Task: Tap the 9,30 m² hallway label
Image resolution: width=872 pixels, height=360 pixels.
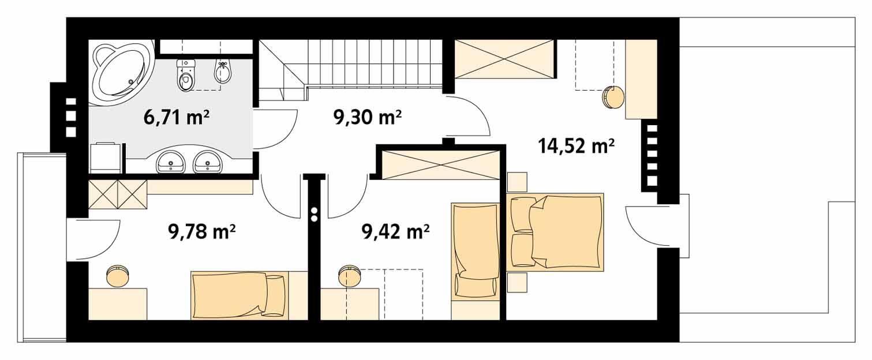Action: point(367,118)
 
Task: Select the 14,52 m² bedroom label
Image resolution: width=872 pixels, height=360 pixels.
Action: point(575,147)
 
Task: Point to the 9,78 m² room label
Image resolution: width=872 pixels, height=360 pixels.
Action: point(201,232)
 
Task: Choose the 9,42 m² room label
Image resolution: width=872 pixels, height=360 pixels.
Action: point(395,232)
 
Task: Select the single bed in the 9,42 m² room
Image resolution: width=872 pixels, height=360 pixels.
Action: point(474,252)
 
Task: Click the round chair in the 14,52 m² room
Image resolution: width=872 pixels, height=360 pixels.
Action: point(612,97)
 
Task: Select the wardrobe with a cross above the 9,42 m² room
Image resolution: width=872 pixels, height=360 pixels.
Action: point(439,164)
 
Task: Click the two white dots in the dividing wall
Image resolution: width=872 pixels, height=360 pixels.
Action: point(315,215)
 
